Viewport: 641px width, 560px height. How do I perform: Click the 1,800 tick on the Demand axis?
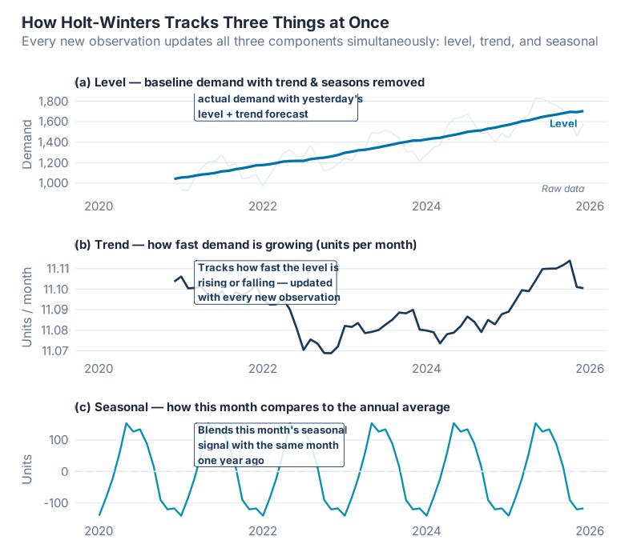click(53, 101)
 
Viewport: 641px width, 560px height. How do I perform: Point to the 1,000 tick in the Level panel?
click(53, 183)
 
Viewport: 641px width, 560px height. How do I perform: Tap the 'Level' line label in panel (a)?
click(562, 123)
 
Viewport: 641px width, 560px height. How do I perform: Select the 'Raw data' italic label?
click(562, 189)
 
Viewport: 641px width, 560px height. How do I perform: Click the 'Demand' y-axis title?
click(27, 143)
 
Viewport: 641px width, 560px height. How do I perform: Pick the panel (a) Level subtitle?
click(249, 82)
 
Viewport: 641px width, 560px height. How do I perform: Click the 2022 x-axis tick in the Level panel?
click(263, 206)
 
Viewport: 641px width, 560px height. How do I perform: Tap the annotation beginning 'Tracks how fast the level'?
click(266, 282)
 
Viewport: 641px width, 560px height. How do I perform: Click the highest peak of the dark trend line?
click(569, 260)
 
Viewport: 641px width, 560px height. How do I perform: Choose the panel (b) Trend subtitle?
click(245, 244)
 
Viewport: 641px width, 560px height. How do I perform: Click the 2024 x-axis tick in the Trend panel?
click(426, 368)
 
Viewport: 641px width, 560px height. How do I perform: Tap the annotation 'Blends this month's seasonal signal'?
click(270, 445)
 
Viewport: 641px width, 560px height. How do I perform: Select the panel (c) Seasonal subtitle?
click(262, 406)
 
